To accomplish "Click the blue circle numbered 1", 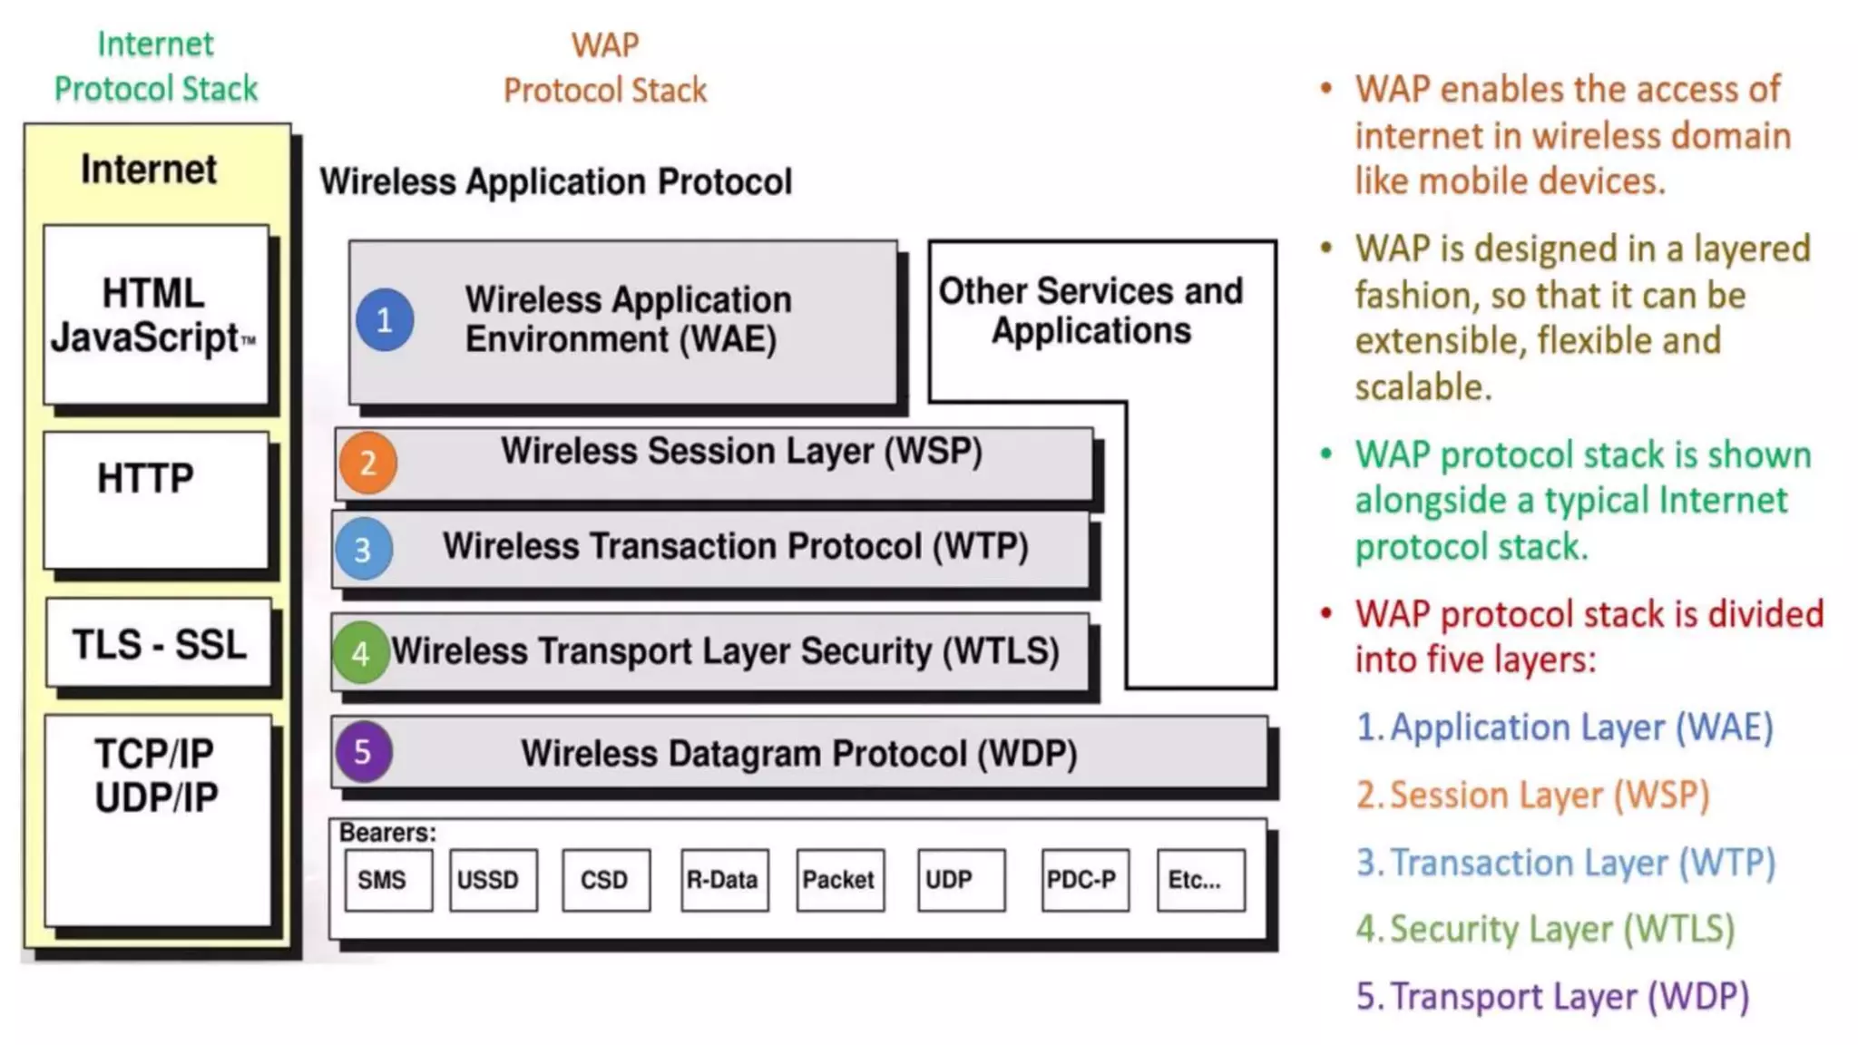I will click(385, 319).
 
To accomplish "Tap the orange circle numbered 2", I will click(367, 463).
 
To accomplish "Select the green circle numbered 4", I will click(360, 652).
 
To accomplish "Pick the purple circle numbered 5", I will click(363, 751).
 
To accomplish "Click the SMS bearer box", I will click(388, 880).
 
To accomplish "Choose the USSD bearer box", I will click(493, 880).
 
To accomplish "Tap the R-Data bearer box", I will click(724, 880).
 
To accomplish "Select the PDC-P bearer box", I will click(1084, 880).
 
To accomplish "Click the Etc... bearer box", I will click(1200, 880).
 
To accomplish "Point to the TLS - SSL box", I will click(160, 645).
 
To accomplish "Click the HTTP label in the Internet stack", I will click(145, 478).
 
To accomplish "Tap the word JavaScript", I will click(145, 337).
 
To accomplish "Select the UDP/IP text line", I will click(156, 797).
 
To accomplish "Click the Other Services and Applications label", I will click(1090, 310).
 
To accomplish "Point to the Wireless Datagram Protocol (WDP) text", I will click(798, 754).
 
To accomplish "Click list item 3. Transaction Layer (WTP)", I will click(1565, 863).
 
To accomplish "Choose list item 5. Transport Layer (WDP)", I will click(1552, 996).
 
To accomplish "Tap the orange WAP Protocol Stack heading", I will click(605, 68).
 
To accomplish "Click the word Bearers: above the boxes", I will click(387, 833).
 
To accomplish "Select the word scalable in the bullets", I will click(1423, 387).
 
